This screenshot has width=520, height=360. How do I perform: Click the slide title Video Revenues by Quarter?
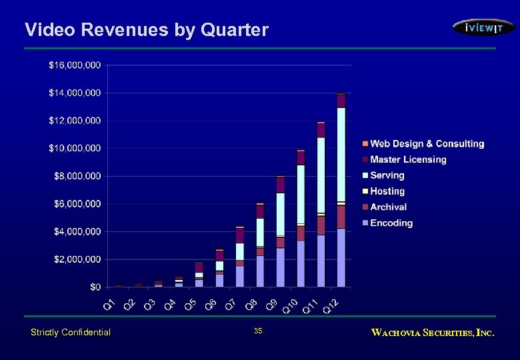click(x=146, y=30)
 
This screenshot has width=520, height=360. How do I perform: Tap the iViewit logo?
click(x=483, y=27)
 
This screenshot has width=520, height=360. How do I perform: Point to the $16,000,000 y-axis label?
click(x=75, y=65)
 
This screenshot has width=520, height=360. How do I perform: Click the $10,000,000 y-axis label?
click(x=75, y=148)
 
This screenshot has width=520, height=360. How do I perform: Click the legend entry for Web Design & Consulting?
click(x=427, y=144)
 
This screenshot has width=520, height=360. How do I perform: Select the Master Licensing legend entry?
click(x=408, y=159)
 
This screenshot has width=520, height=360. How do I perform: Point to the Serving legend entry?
click(x=387, y=175)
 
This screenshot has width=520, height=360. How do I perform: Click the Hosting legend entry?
click(x=387, y=191)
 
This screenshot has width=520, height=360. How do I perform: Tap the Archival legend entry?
click(x=388, y=207)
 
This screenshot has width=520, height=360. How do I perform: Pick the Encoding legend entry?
click(x=391, y=223)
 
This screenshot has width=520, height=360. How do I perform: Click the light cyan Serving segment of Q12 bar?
click(x=341, y=154)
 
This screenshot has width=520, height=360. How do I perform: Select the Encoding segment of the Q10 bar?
click(x=301, y=263)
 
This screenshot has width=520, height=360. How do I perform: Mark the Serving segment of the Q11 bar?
click(x=321, y=175)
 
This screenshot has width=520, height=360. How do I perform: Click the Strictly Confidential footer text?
click(x=71, y=332)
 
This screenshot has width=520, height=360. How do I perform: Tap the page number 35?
click(x=258, y=331)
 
